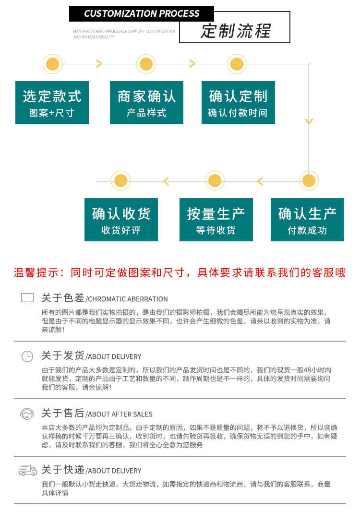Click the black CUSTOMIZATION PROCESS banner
point(142,13)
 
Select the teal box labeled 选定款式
point(52,103)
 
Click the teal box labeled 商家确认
point(146,103)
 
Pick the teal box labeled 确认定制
point(238,103)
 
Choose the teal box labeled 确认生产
point(307,220)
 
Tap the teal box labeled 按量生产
point(216,220)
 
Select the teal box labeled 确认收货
point(121,220)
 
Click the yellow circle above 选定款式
point(53,64)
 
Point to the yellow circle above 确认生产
point(309,181)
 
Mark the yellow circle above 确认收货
point(120,181)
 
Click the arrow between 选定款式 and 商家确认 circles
point(98,64)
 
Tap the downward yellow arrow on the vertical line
point(309,121)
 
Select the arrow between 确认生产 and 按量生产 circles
point(260,181)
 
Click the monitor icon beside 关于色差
point(27,298)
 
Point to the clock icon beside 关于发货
point(27,356)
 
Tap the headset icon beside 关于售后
point(27,414)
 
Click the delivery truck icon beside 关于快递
point(27,470)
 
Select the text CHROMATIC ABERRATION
point(128,299)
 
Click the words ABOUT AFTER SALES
point(120,414)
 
